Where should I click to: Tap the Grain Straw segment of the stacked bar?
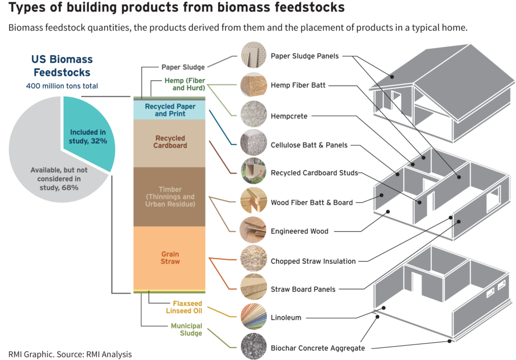(170, 258)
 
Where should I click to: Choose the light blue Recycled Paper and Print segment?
(170, 110)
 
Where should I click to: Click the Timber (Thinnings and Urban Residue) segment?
(170, 196)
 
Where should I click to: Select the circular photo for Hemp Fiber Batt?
(253, 86)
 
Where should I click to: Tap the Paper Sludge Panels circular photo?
(253, 55)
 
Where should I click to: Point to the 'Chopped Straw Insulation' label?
(313, 261)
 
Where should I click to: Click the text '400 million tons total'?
(61, 86)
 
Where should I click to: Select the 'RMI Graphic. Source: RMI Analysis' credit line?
(70, 353)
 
